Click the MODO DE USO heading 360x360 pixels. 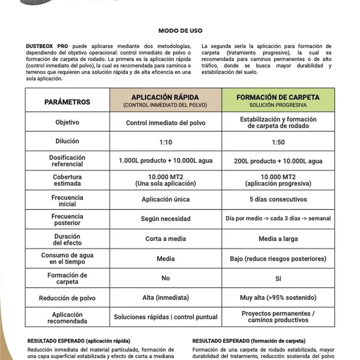click(x=180, y=31)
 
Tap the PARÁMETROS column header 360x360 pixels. click(x=67, y=102)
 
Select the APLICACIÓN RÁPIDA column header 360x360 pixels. click(x=165, y=100)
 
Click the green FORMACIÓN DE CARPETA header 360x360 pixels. click(x=278, y=100)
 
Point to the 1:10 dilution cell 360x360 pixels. click(x=165, y=142)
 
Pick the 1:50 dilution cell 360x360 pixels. click(x=278, y=142)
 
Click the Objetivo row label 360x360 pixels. click(x=67, y=122)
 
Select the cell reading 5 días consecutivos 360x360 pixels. click(x=278, y=199)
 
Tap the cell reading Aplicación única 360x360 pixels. click(x=165, y=199)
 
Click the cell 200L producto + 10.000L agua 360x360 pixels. click(x=278, y=161)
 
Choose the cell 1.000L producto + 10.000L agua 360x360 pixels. click(x=165, y=160)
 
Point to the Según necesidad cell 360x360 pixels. click(x=165, y=219)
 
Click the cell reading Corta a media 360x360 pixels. click(x=165, y=239)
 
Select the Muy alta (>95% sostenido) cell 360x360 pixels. click(x=278, y=297)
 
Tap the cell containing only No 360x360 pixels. click(x=165, y=278)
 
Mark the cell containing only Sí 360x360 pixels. click(x=278, y=279)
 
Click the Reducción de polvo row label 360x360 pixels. click(x=67, y=298)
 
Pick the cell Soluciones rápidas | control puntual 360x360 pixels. click(x=165, y=317)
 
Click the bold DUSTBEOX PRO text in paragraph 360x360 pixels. click(x=47, y=46)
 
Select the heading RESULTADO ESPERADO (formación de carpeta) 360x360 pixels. click(x=249, y=341)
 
